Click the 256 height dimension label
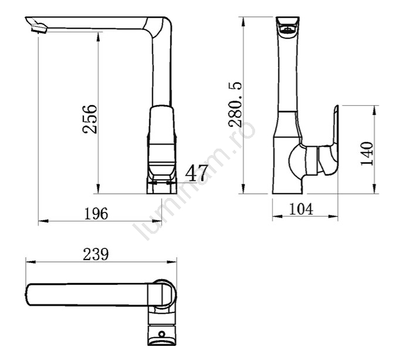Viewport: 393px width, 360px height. click(x=90, y=119)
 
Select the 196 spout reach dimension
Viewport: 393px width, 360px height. click(x=96, y=214)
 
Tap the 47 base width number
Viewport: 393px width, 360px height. click(x=196, y=173)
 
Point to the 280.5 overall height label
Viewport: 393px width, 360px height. click(x=235, y=104)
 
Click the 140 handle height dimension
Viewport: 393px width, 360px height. click(x=367, y=153)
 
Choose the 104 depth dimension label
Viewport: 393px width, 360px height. click(x=301, y=209)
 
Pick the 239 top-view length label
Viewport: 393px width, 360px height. click(x=96, y=254)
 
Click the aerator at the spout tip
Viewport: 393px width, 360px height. click(x=39, y=29)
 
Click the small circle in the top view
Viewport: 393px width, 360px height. click(x=162, y=334)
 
